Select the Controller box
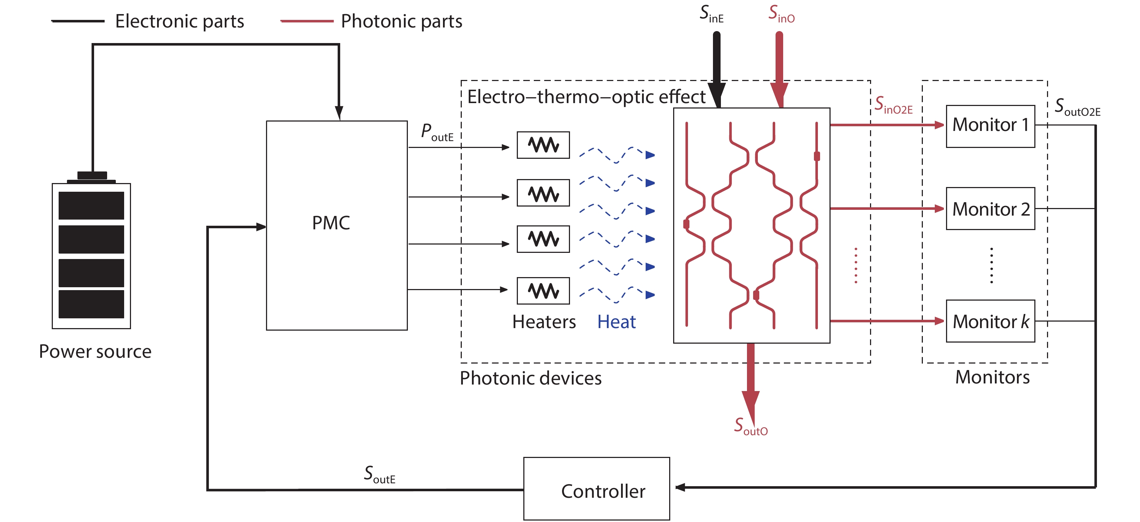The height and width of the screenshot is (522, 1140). tap(596, 488)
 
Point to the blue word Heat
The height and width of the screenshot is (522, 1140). tap(616, 322)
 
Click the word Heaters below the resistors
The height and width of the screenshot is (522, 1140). tap(544, 322)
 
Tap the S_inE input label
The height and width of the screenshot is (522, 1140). tap(711, 14)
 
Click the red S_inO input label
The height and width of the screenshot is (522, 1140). tap(781, 14)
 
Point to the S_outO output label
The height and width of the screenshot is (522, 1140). tap(751, 426)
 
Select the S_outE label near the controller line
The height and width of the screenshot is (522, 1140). tap(379, 474)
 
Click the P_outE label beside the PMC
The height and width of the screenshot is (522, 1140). tap(437, 132)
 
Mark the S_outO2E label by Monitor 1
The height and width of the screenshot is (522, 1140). tap(1077, 107)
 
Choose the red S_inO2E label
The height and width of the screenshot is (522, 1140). tap(893, 106)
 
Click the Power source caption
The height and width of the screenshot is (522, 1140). tap(95, 351)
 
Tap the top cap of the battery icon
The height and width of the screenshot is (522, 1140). tap(92, 175)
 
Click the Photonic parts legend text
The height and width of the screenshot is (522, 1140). tap(401, 21)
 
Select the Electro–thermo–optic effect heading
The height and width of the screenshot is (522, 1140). tap(586, 97)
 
